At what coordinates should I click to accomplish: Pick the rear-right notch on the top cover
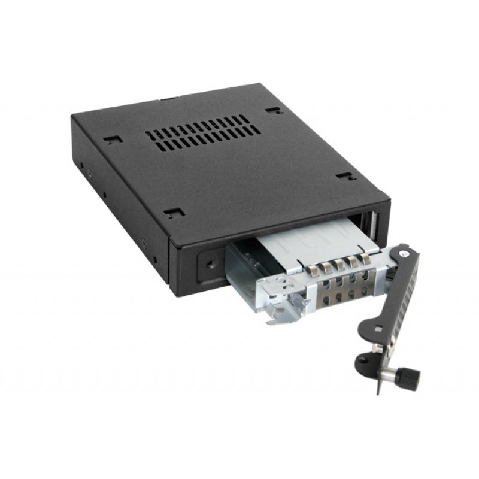click(272, 111)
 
